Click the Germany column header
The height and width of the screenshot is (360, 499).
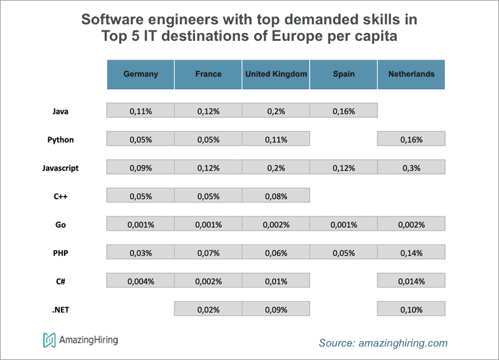(x=141, y=74)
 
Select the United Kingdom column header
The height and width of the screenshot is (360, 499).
(x=276, y=74)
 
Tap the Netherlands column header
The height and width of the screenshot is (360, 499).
(x=411, y=74)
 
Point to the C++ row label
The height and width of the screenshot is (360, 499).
(x=60, y=196)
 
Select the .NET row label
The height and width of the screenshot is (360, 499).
(x=60, y=309)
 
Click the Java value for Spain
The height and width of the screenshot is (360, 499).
(x=344, y=111)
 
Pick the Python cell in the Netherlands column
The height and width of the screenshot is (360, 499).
(x=411, y=139)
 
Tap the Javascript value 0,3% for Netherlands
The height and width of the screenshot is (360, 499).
(x=411, y=168)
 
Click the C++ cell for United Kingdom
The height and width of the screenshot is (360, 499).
(x=276, y=196)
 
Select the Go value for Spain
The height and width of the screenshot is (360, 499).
(x=344, y=224)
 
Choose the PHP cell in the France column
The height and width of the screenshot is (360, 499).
(x=208, y=253)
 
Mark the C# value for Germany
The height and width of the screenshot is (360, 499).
(x=141, y=281)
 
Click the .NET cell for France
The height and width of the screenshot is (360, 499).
(x=208, y=309)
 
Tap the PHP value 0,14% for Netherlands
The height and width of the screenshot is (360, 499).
(x=411, y=253)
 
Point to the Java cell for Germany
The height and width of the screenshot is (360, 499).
(x=141, y=111)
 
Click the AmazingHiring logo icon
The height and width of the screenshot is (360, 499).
(x=49, y=340)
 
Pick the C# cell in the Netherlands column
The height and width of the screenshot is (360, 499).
(x=411, y=281)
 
